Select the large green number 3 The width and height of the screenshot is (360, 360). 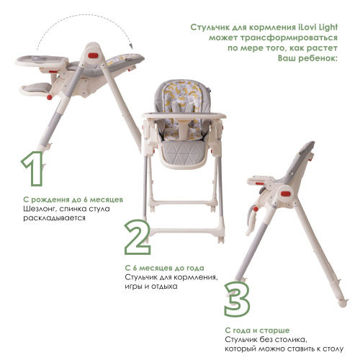[237, 299]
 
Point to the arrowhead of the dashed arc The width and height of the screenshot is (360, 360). [131, 45]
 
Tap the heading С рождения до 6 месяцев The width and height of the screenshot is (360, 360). [73, 199]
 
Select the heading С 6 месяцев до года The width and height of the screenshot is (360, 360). [165, 268]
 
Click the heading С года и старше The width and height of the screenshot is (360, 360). [257, 330]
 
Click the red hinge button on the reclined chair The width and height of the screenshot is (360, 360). [93, 55]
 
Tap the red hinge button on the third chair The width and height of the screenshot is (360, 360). [286, 194]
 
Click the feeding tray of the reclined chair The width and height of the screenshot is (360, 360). [42, 60]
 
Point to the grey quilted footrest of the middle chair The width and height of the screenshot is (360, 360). [184, 153]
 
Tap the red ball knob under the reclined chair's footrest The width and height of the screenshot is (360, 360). [50, 97]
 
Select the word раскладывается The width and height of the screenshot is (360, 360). [54, 218]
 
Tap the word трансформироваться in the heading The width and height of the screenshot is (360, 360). [289, 38]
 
